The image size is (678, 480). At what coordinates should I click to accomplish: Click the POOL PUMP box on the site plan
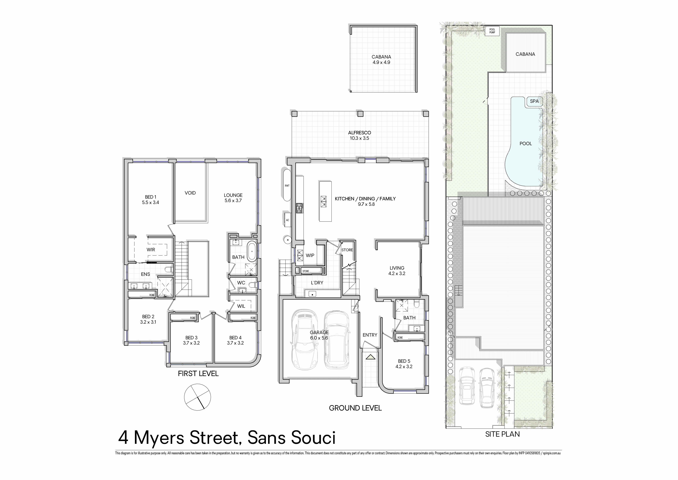(x=492, y=31)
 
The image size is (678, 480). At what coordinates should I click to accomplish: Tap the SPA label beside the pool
(x=534, y=101)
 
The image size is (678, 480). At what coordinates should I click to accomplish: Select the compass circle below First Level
(x=198, y=397)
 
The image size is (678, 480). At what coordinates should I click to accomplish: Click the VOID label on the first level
(x=190, y=193)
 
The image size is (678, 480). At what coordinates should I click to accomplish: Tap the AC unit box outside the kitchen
(x=288, y=220)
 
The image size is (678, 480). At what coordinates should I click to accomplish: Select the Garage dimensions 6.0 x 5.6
(x=319, y=338)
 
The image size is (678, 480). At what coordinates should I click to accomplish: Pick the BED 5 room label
(x=404, y=361)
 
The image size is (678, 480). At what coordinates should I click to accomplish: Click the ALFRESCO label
(x=359, y=133)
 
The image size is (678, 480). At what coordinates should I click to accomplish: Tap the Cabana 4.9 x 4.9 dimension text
(x=381, y=62)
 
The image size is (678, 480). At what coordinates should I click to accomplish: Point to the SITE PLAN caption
(x=502, y=434)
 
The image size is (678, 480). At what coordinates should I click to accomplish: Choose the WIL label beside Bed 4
(x=241, y=306)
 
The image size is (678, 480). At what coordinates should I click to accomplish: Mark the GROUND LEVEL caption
(x=355, y=408)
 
